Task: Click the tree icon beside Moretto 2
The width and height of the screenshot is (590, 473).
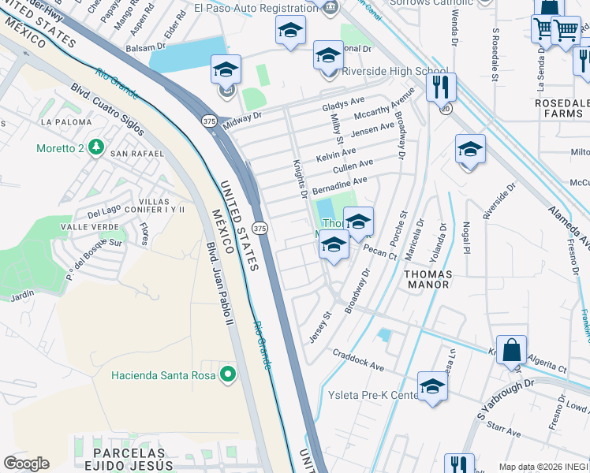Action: [95, 147]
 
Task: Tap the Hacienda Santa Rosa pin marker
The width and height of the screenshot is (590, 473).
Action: [229, 374]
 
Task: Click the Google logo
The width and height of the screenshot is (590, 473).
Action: [26, 464]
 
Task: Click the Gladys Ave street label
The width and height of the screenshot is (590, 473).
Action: [343, 104]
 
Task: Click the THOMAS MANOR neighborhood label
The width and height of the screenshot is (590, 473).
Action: [428, 280]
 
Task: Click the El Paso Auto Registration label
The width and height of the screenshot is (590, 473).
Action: [256, 10]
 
